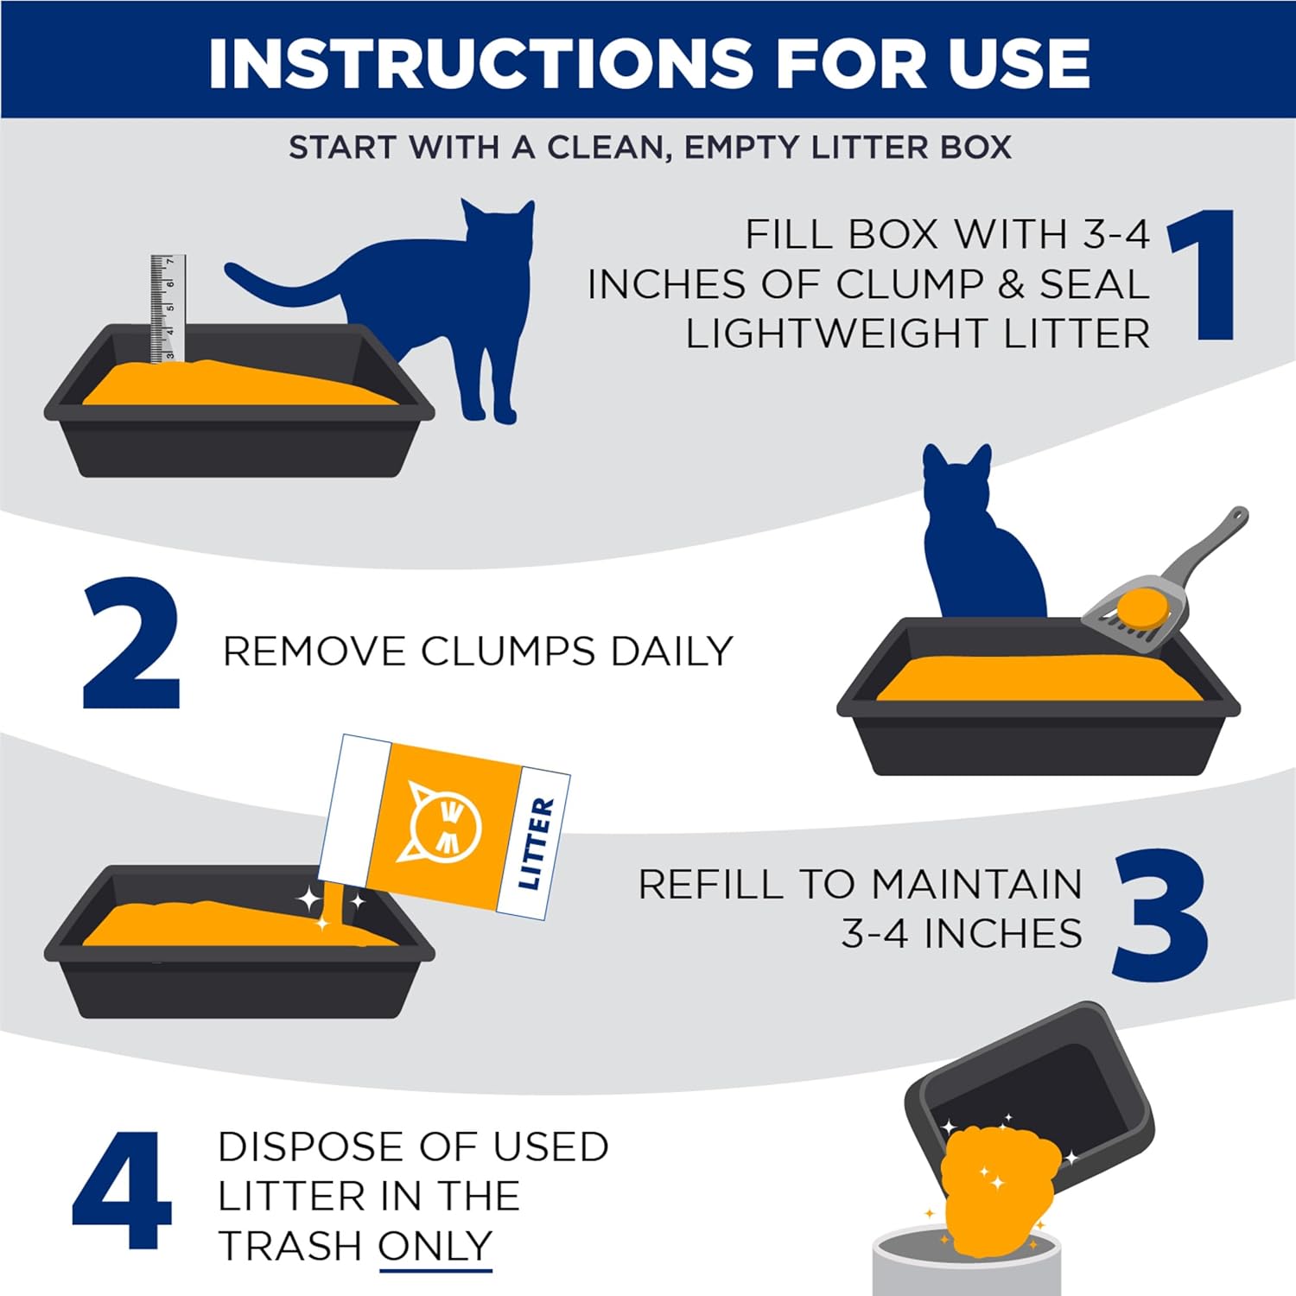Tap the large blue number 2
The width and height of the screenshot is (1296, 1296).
pyautogui.click(x=131, y=644)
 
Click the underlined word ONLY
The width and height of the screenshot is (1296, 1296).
pyautogui.click(x=435, y=1246)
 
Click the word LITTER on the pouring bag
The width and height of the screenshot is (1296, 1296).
pyautogui.click(x=537, y=842)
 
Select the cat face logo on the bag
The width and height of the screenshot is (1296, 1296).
pyautogui.click(x=444, y=821)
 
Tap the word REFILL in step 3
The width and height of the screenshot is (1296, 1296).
pyautogui.click(x=710, y=884)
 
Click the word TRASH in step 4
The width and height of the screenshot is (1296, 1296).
pyautogui.click(x=289, y=1246)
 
